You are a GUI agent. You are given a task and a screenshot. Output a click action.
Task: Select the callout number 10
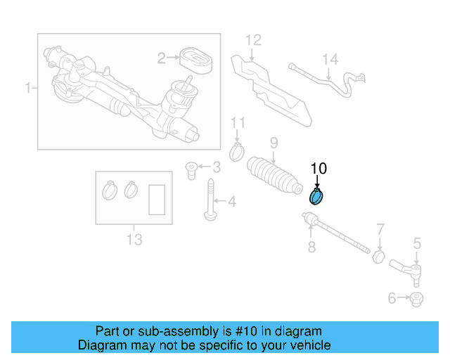pyautogui.click(x=319, y=169)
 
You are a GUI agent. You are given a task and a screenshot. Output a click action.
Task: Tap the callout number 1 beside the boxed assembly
pyautogui.click(x=28, y=89)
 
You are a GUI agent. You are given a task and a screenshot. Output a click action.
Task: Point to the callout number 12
pyautogui.click(x=252, y=39)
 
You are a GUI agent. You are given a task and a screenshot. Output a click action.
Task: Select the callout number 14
pyautogui.click(x=330, y=60)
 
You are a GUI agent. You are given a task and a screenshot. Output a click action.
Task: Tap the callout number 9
pyautogui.click(x=274, y=143)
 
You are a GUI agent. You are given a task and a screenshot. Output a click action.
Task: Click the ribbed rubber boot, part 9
pyautogui.click(x=274, y=178)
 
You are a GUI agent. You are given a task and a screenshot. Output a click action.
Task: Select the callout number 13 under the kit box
pyautogui.click(x=134, y=240)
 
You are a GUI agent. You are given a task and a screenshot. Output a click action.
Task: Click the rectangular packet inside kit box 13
pyautogui.click(x=157, y=199)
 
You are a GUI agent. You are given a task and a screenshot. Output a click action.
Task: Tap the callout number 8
pyautogui.click(x=311, y=247)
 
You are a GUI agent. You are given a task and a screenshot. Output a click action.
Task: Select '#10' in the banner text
pyautogui.click(x=243, y=331)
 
